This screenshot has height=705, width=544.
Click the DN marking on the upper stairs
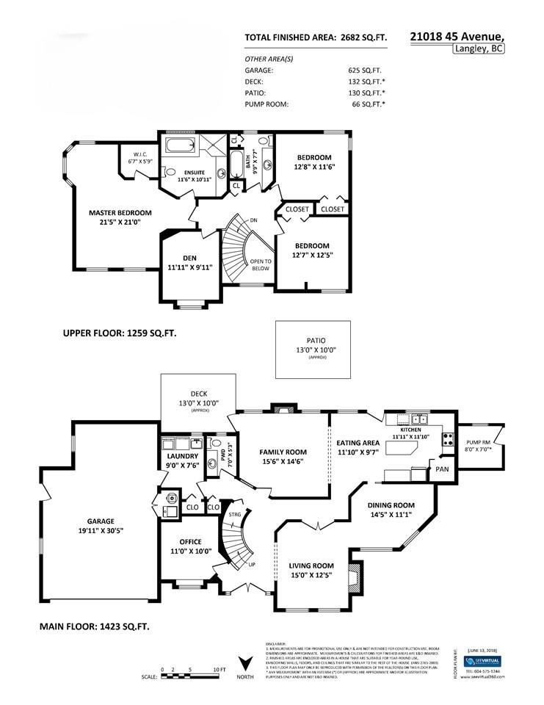[253, 220]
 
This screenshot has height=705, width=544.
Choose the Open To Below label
[261, 264]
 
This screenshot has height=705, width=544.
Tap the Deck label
[199, 393]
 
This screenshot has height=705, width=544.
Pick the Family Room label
[283, 452]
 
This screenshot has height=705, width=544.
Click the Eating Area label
[358, 443]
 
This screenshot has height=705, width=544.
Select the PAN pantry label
[442, 469]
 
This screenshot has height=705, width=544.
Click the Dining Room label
[391, 505]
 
